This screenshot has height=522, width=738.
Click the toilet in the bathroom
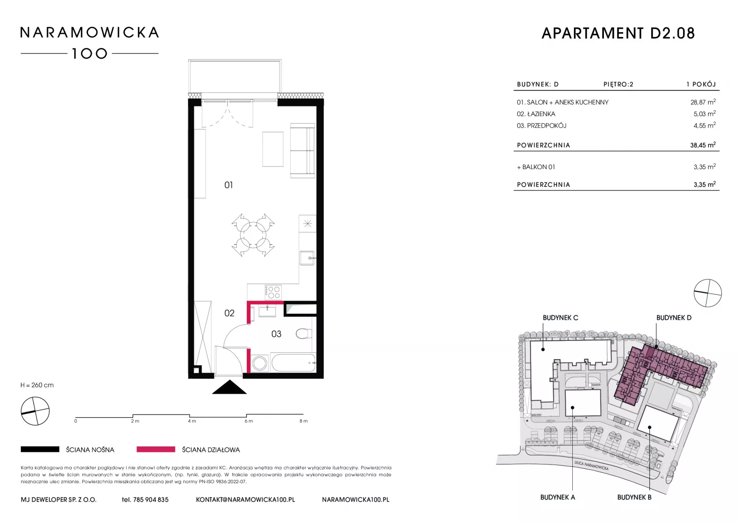[x=304, y=333]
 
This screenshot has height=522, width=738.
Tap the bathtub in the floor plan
[x=293, y=362]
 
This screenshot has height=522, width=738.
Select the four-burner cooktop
[x=273, y=292]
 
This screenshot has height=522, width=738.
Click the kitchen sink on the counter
[x=307, y=258]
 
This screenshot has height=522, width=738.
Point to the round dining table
[x=253, y=235]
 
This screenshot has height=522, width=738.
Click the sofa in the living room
[x=303, y=150]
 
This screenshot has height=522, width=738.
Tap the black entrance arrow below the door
[x=229, y=387]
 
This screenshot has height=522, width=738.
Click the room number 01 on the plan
[x=229, y=185]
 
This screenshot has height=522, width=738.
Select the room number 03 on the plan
[x=276, y=334]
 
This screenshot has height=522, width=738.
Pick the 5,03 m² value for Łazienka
[x=705, y=113]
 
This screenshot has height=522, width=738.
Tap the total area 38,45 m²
[x=703, y=145]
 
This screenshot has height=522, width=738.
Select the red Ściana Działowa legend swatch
[x=156, y=449]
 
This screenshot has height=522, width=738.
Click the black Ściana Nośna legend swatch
[x=40, y=449]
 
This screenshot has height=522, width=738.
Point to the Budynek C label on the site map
[x=560, y=318]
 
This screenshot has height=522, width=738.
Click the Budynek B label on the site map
[x=634, y=497]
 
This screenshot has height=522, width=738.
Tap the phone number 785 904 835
[x=151, y=500]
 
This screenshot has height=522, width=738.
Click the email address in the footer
[x=246, y=500]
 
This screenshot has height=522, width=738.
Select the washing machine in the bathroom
[x=260, y=363]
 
